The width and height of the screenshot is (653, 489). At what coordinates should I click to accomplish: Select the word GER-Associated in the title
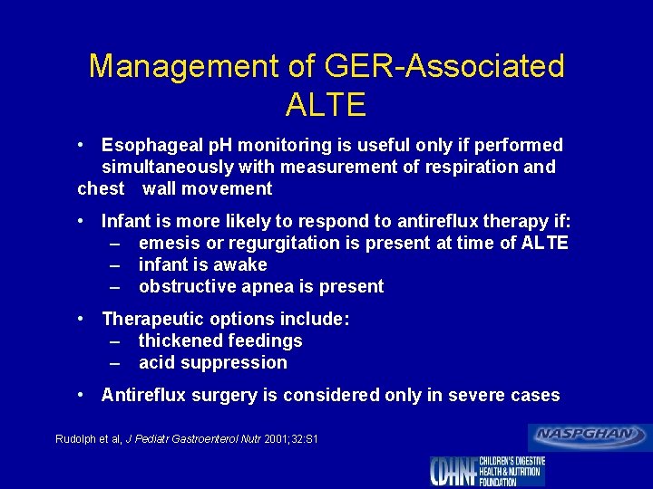pos(423,66)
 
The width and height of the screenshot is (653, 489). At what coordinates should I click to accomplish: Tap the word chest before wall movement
pos(101,188)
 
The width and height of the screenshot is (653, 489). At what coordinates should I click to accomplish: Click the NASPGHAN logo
pos(590,436)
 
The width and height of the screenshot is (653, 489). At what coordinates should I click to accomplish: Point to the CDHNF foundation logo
pos(488,471)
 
